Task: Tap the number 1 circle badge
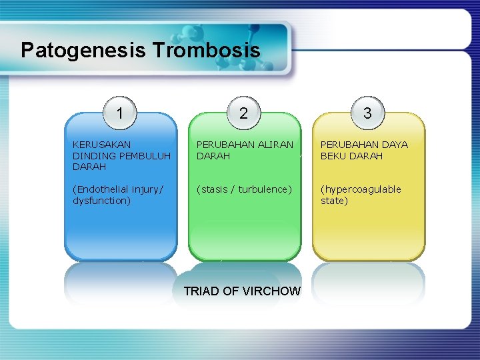click(x=119, y=113)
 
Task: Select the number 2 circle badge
click(x=243, y=113)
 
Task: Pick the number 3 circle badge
click(x=367, y=113)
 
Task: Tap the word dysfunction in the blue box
click(x=100, y=201)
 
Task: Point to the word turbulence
click(x=264, y=189)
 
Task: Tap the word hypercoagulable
click(x=362, y=189)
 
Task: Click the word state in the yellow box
click(x=334, y=201)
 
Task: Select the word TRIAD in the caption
click(x=201, y=291)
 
